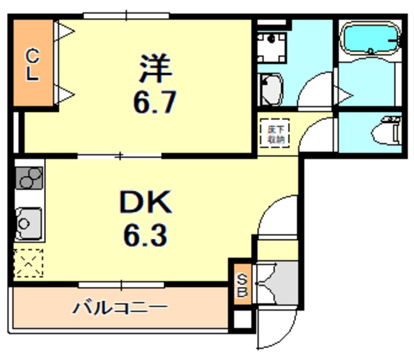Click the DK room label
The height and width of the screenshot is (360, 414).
tap(146, 204)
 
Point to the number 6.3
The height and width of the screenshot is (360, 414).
tap(146, 235)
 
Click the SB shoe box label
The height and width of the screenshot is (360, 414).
tap(241, 284)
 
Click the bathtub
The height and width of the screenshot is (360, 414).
tap(367, 40)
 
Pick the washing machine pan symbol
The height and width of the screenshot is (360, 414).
tap(272, 45)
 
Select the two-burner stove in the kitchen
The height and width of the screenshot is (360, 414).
tap(28, 177)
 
